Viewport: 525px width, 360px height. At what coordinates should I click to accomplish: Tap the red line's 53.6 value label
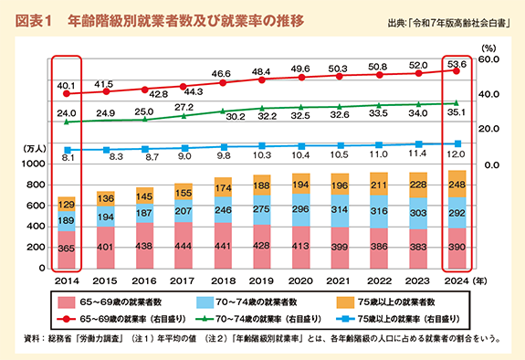[x=457, y=64]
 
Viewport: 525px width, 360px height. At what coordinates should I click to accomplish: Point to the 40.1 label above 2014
[x=66, y=84]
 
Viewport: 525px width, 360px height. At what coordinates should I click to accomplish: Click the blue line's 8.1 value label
[x=67, y=158]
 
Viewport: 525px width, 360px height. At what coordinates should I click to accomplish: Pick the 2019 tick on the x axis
[x=262, y=281]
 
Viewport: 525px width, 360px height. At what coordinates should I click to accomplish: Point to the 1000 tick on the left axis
[x=32, y=164]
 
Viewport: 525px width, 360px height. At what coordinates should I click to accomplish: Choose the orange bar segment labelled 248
[x=457, y=183]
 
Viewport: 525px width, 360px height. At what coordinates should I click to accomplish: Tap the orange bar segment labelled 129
[x=67, y=205]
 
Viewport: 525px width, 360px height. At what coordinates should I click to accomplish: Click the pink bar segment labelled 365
[x=67, y=249]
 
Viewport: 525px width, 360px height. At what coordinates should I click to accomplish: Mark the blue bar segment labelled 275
[x=262, y=210]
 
